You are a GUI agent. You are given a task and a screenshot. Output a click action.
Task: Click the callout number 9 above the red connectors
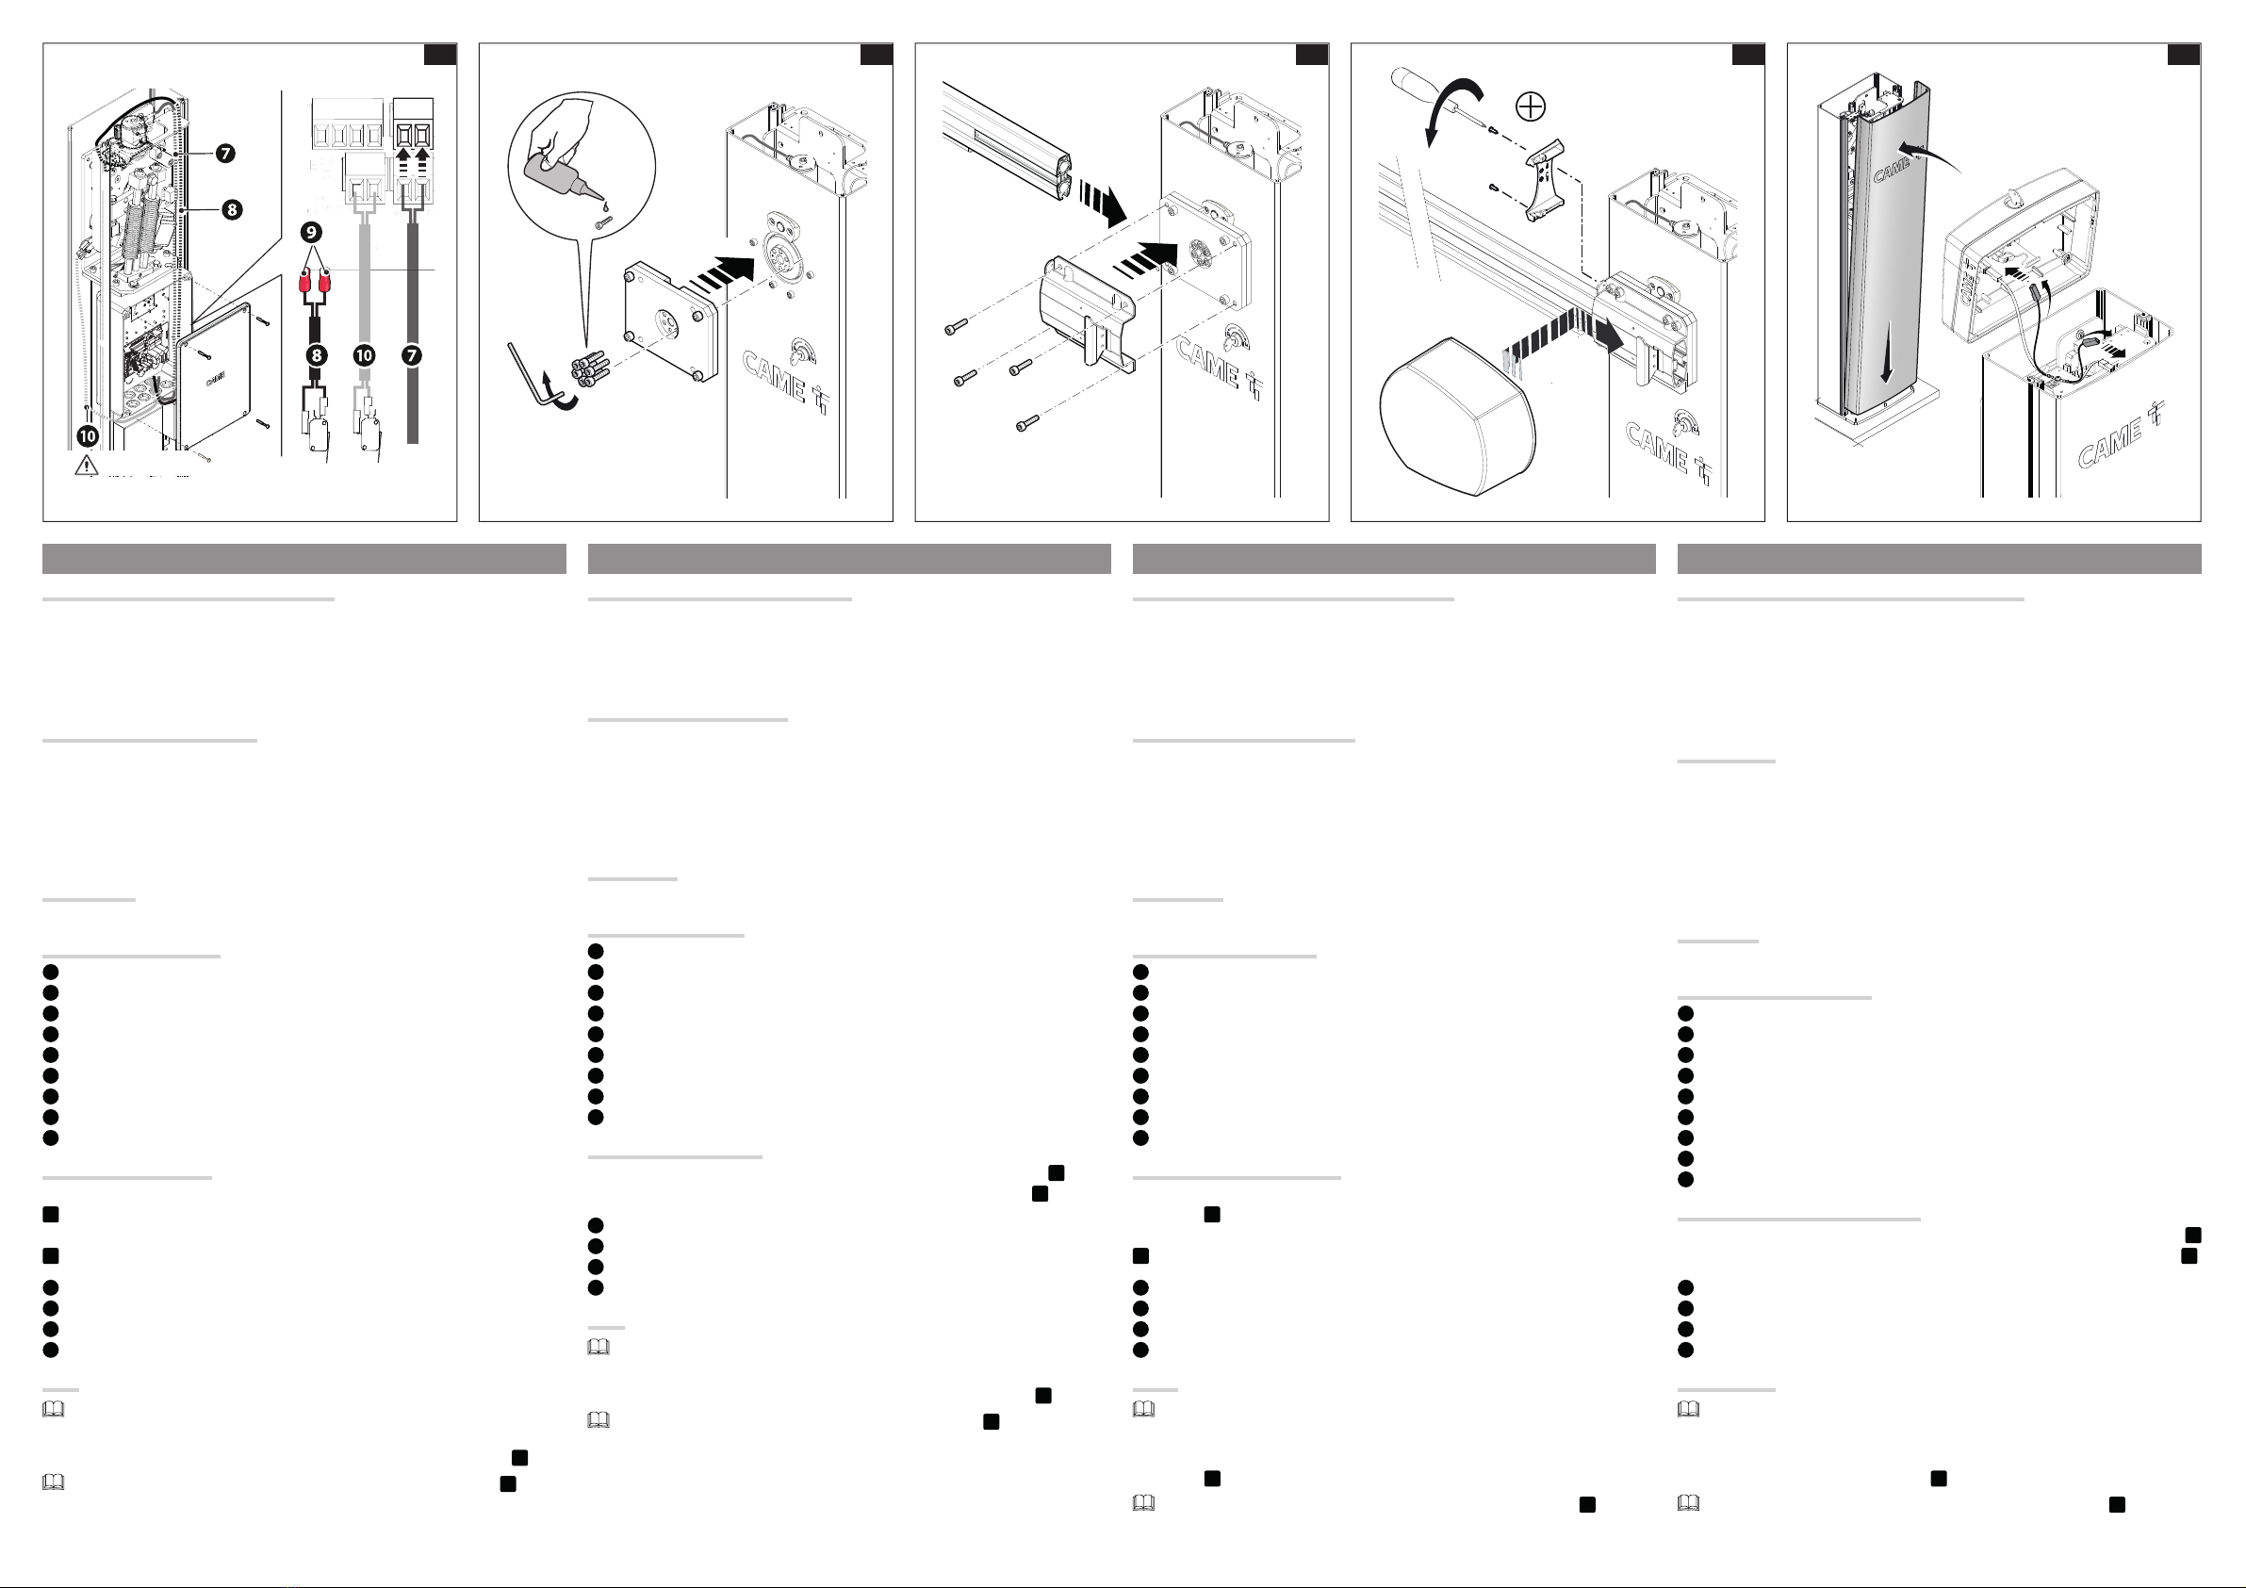click(311, 232)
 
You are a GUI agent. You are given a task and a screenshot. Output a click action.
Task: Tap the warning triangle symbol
click(86, 465)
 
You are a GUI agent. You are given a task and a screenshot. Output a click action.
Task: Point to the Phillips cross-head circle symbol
click(1530, 106)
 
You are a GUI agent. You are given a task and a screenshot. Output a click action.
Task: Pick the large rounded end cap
click(1456, 416)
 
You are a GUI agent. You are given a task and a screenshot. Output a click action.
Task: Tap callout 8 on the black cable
click(316, 355)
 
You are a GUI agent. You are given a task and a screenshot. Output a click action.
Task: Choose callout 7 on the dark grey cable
click(412, 355)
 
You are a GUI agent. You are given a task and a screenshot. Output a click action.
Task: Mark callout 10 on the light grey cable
click(364, 355)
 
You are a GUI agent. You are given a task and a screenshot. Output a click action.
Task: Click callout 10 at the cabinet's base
click(88, 435)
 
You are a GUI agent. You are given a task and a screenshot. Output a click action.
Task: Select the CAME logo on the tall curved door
click(1891, 170)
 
